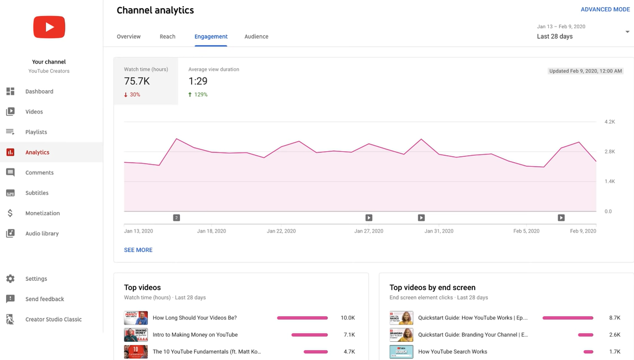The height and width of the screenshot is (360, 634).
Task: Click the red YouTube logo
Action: pos(49,27)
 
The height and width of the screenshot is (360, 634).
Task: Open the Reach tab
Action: pos(167,37)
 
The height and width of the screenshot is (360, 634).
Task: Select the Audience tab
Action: pos(256,37)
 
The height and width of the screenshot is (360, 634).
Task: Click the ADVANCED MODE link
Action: pos(605,9)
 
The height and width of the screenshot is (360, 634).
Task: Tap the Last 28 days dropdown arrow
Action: pos(627,32)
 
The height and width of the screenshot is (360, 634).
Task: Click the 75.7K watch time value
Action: pos(137,81)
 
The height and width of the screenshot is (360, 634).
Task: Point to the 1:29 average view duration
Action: pos(198,81)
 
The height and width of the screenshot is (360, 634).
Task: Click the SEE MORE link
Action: pos(138,250)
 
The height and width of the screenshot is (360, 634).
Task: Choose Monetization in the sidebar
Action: pos(42,213)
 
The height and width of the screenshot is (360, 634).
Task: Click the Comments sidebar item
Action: pos(39,173)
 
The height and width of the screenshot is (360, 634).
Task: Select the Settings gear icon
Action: pos(11,279)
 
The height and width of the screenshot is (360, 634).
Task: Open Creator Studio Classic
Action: pos(53,320)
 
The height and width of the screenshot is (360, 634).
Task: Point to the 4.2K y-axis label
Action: pos(610,122)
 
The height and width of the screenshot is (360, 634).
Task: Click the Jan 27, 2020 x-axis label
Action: pos(369,231)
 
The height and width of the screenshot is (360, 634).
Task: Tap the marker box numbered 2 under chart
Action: pos(177,218)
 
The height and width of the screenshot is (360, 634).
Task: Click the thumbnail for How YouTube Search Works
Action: pos(401,352)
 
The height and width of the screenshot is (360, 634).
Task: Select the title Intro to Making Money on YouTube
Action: pos(195,335)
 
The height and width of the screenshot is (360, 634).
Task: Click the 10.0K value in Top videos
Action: pos(347,318)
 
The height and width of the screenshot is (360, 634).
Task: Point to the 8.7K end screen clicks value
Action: pos(614,318)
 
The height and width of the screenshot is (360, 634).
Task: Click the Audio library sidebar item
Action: pos(42,234)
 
